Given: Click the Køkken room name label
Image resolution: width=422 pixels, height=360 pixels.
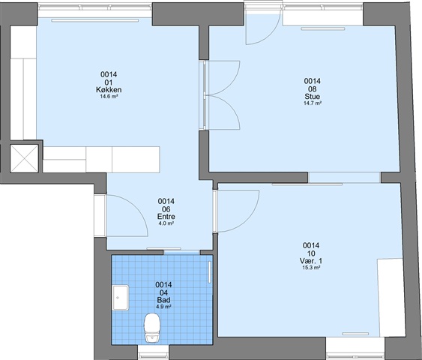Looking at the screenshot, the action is click(x=109, y=90).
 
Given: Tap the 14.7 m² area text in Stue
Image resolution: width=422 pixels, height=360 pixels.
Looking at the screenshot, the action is click(x=313, y=103).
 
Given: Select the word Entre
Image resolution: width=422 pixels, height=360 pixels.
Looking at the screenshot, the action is click(x=166, y=217).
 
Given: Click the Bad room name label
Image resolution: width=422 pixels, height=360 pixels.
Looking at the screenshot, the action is click(x=163, y=300).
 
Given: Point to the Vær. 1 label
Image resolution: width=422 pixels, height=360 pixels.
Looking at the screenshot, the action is click(x=311, y=261).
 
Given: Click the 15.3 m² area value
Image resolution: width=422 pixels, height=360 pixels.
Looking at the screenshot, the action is click(x=311, y=268).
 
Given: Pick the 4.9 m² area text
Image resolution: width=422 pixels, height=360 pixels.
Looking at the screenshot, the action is click(x=163, y=307).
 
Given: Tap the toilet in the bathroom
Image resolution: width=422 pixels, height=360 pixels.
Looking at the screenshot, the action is click(x=152, y=328).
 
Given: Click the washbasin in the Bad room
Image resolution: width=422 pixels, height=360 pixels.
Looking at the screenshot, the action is click(x=121, y=298).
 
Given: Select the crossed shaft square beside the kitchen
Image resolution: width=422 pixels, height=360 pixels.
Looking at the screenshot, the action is click(x=25, y=158).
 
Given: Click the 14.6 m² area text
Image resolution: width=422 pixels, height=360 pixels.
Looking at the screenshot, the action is click(x=109, y=97).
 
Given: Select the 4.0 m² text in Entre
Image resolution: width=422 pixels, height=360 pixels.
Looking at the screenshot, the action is click(x=166, y=223).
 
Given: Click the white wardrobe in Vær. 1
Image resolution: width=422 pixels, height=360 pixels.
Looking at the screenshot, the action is click(x=391, y=298).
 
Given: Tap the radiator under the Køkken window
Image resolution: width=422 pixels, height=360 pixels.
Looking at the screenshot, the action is click(x=95, y=20).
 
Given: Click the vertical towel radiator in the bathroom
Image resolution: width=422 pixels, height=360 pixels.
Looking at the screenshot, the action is click(x=210, y=272).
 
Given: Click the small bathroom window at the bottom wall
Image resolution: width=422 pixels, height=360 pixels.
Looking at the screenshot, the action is click(x=153, y=352).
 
